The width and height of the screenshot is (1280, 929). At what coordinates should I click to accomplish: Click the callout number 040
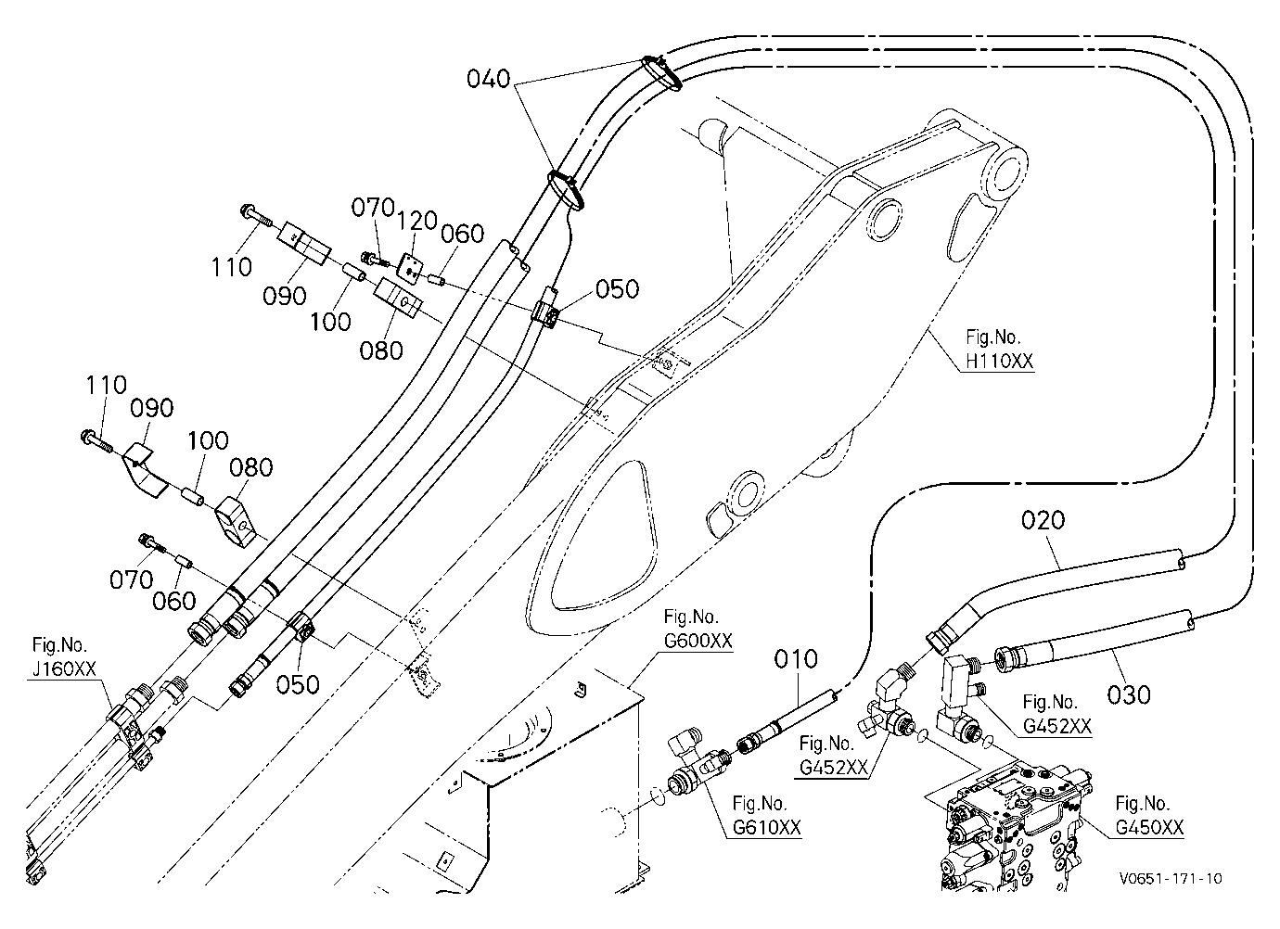[488, 79]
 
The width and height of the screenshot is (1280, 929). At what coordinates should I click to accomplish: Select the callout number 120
[417, 220]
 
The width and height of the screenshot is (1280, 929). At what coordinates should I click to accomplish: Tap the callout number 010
[796, 659]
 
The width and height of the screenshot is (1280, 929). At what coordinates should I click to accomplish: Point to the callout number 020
[1043, 520]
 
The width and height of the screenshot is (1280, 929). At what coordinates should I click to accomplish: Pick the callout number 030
[1129, 695]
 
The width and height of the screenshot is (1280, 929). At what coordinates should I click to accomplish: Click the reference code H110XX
[1000, 361]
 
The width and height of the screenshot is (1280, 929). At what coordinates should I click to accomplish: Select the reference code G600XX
[698, 641]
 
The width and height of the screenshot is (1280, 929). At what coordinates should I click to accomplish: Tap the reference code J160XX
[64, 669]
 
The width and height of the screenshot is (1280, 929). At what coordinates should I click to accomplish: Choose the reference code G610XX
[766, 827]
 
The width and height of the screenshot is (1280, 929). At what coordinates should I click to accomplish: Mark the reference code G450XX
[1149, 827]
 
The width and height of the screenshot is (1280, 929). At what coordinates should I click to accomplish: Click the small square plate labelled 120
[411, 268]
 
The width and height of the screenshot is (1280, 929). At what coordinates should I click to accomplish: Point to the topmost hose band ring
[661, 72]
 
